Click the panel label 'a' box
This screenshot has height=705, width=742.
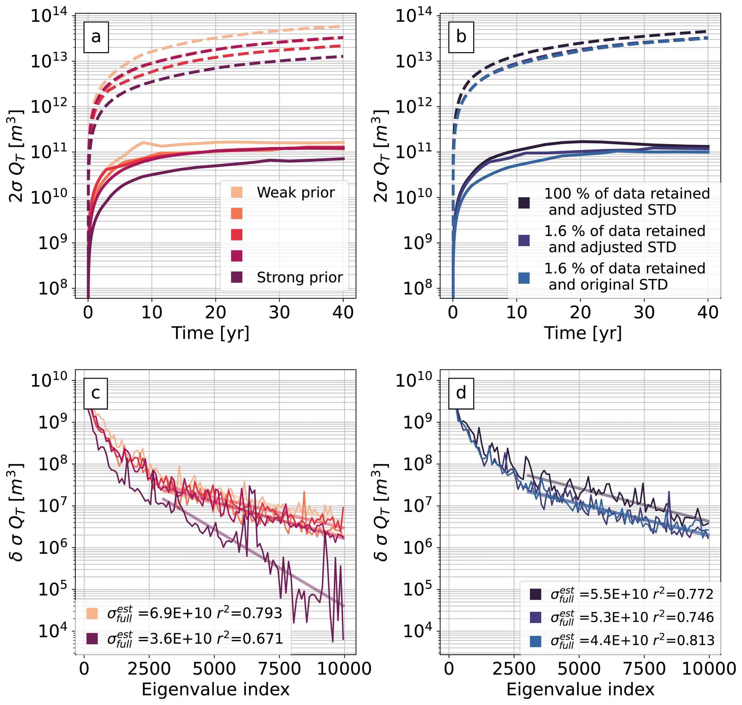tap(96, 37)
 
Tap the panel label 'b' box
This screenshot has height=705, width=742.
tap(461, 37)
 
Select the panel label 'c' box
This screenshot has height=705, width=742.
tap(95, 393)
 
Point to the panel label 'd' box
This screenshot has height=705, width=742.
tap(461, 393)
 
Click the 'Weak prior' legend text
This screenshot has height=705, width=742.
tap(295, 192)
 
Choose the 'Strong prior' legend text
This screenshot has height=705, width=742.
tap(300, 277)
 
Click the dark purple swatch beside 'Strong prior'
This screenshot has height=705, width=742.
tap(237, 277)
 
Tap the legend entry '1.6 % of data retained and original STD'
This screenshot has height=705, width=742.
tap(624, 277)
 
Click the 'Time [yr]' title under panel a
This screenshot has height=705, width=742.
tap(210, 333)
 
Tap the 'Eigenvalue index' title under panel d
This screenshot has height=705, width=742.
tap(580, 689)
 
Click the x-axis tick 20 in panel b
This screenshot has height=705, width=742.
tap(580, 313)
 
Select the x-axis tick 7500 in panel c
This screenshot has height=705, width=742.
tap(280, 669)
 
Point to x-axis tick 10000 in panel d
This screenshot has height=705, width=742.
tap(709, 669)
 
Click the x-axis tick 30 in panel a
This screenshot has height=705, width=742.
tap(279, 313)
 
